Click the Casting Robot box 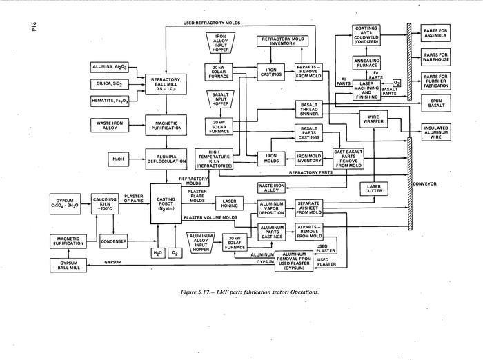pos(166,208)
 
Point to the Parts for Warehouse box pos(439,55)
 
